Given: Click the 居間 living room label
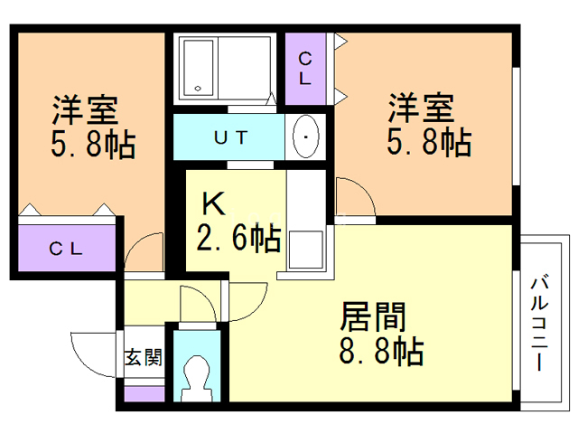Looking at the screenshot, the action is pyautogui.click(x=373, y=317).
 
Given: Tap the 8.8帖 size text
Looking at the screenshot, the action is pyautogui.click(x=381, y=351).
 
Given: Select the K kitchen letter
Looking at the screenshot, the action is pyautogui.click(x=213, y=204).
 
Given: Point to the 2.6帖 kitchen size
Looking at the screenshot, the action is pyautogui.click(x=238, y=239).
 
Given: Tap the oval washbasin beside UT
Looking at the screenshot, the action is pyautogui.click(x=305, y=137).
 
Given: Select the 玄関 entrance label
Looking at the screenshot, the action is pyautogui.click(x=143, y=357).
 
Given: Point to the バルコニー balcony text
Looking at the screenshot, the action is pyautogui.click(x=539, y=324).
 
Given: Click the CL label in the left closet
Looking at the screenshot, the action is pyautogui.click(x=66, y=249).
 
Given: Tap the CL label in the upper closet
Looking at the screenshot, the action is pyautogui.click(x=305, y=69).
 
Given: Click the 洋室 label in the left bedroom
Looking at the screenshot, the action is pyautogui.click(x=85, y=110).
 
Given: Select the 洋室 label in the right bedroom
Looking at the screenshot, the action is pyautogui.click(x=421, y=108).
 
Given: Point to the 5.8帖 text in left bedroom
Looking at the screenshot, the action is pyautogui.click(x=93, y=145).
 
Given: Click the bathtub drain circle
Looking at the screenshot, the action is pyautogui.click(x=198, y=89).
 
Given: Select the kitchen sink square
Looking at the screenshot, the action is pyautogui.click(x=305, y=250).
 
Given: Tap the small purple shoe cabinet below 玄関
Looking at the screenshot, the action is pyautogui.click(x=144, y=394).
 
